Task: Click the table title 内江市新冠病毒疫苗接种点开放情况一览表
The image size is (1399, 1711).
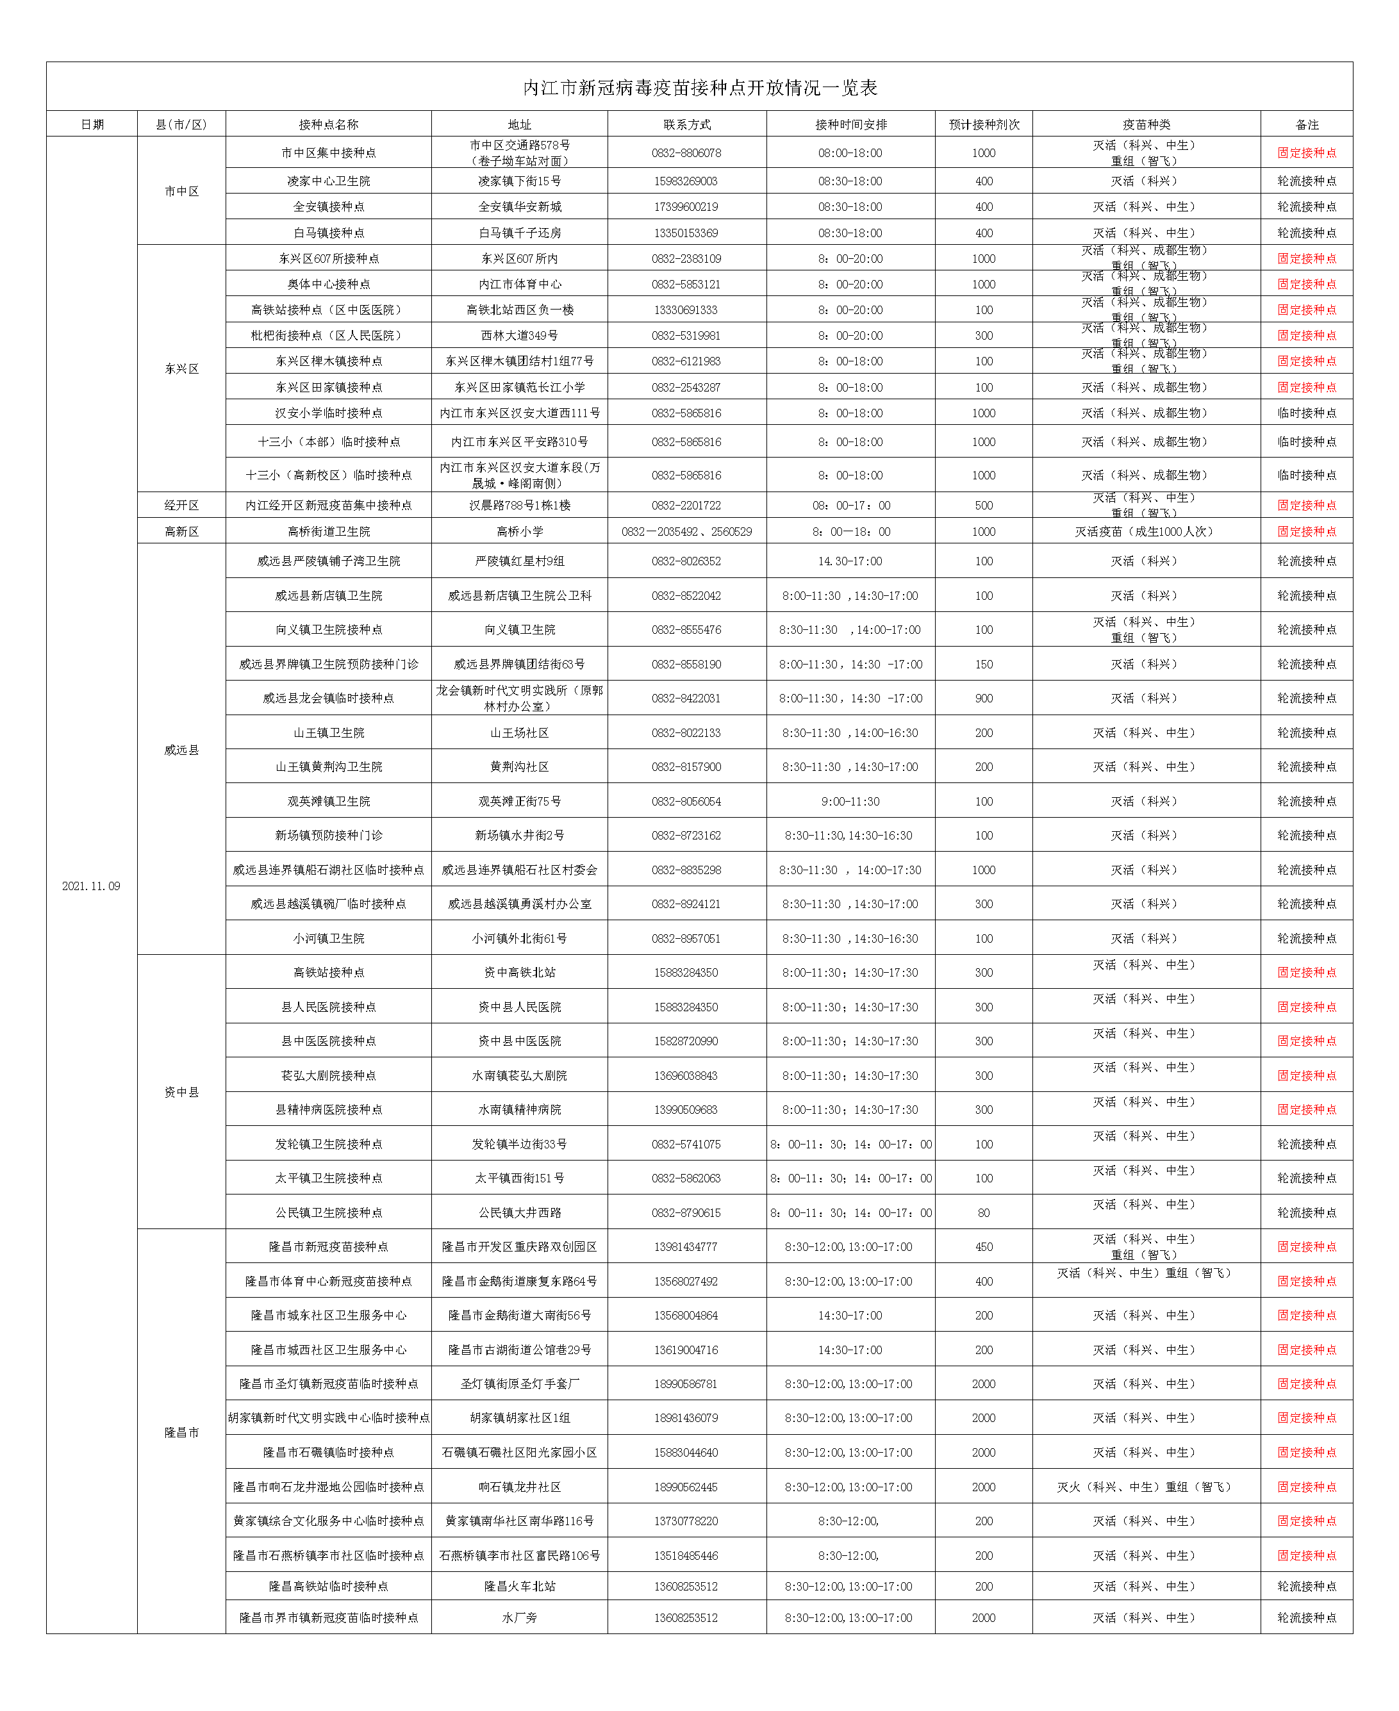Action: [700, 88]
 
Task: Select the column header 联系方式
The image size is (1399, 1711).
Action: [686, 125]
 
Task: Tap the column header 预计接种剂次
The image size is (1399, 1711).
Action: [983, 125]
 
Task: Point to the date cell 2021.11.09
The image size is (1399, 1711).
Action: [91, 886]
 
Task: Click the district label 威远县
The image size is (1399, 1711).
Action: [181, 750]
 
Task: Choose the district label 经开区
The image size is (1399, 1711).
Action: [181, 506]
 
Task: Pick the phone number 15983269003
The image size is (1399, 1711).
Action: [686, 181]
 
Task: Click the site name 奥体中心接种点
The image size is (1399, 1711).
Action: [328, 285]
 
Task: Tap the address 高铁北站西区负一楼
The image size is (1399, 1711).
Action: [520, 310]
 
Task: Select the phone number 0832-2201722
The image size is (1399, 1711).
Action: [686, 506]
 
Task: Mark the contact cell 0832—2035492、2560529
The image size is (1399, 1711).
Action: [686, 532]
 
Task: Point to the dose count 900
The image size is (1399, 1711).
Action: [983, 698]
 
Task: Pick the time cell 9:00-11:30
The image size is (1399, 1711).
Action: [850, 802]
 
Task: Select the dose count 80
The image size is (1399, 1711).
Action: [983, 1213]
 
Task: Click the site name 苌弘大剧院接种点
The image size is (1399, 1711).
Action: [328, 1076]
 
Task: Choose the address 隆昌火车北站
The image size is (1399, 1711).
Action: [520, 1586]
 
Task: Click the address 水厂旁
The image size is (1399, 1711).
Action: [520, 1617]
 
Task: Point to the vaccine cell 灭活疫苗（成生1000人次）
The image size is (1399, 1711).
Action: [1146, 532]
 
